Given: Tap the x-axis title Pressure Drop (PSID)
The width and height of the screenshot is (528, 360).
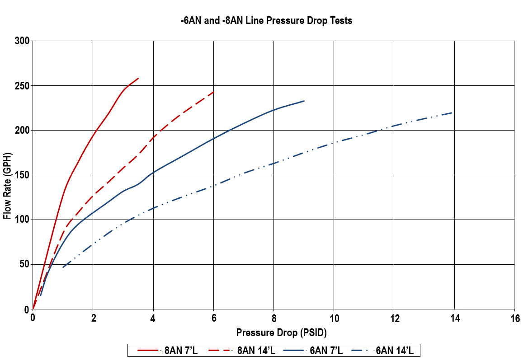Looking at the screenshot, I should tap(281, 333).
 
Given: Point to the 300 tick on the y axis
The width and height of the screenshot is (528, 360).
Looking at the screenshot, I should tap(22, 41).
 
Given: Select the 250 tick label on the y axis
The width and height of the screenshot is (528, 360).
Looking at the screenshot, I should tap(22, 86).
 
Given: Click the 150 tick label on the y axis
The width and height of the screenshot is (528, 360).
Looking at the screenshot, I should tap(22, 175).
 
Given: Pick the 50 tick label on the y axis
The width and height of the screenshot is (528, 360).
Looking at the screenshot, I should tap(24, 265).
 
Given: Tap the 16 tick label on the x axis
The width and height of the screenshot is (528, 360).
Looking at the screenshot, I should tap(514, 318).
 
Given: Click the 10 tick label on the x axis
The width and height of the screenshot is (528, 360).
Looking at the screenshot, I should tap(334, 318).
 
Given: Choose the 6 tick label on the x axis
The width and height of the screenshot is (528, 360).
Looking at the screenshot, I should tap(213, 318).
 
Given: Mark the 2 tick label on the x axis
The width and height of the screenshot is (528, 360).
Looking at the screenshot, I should tap(93, 318).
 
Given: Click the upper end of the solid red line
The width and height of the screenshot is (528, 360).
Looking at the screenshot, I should tap(138, 78).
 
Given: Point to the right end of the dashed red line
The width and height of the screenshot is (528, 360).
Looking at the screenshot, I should tap(213, 92).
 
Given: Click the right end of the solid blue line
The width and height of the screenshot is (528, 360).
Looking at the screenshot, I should tap(304, 101).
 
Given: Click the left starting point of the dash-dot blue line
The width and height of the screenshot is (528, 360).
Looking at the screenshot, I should tap(63, 267).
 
